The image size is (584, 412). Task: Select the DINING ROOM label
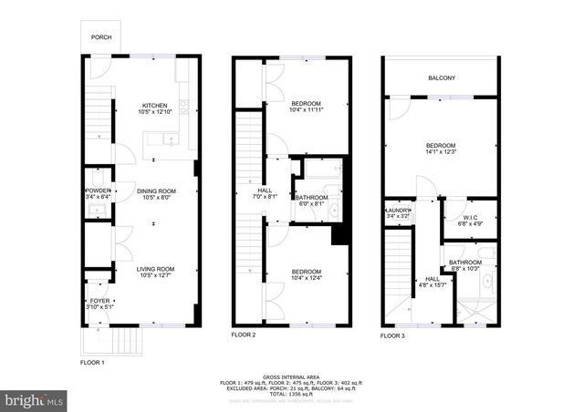coord(156,191)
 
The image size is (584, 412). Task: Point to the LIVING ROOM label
coord(156,269)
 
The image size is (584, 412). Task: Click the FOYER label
coord(98,300)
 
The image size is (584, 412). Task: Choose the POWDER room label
coord(98,191)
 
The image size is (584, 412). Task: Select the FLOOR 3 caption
coord(393,336)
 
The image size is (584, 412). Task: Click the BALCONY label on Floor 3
coord(442,78)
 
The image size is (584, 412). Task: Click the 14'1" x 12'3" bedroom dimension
coord(442,153)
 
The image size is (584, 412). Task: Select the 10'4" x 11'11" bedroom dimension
coord(307,111)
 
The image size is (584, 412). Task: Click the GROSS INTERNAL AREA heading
coord(292,376)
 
